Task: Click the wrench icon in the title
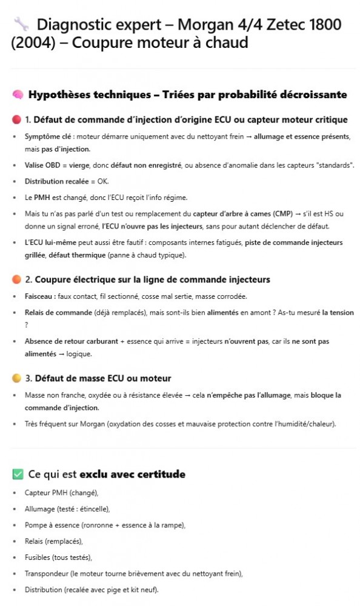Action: coord(21,25)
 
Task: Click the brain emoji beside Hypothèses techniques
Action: coord(18,95)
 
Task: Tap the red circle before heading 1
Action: coord(16,119)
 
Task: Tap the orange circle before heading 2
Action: coord(16,279)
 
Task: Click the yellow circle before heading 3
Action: coord(16,378)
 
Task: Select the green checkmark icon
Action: coord(18,474)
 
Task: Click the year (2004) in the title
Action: coord(30,43)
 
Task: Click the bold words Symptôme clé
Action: coord(46,137)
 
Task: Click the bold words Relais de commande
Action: coord(58,313)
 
